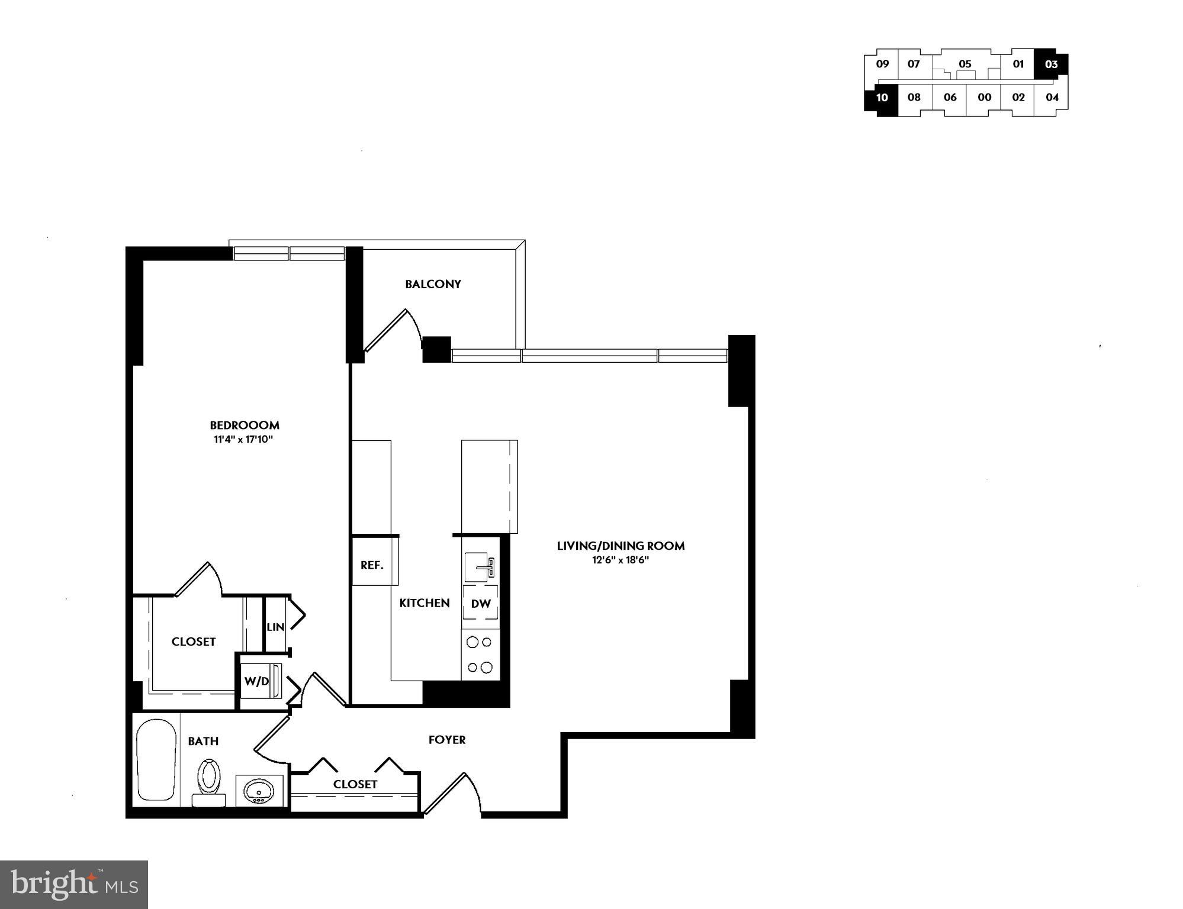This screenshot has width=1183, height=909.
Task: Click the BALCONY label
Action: (433, 284)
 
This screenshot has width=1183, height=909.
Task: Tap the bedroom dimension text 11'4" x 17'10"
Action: (244, 440)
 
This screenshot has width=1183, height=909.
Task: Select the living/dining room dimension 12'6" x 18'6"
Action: (620, 560)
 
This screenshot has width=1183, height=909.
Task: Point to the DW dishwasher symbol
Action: (480, 603)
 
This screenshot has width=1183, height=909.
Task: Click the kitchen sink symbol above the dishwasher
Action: (480, 567)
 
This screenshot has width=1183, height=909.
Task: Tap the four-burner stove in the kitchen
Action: (480, 655)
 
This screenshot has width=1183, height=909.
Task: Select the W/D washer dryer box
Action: (258, 681)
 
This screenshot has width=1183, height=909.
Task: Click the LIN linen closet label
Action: (275, 627)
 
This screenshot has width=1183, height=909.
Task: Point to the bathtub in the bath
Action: (156, 760)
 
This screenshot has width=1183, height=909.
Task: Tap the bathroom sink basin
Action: (259, 791)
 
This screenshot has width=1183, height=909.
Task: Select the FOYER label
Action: (447, 740)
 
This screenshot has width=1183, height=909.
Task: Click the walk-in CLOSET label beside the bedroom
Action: (194, 642)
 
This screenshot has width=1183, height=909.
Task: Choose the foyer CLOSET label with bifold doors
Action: (355, 784)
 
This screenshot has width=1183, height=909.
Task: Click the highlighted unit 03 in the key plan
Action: (1051, 64)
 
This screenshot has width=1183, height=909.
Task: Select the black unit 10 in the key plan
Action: (882, 98)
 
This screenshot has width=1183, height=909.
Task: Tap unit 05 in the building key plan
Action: (965, 64)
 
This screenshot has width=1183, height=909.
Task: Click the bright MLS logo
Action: (74, 884)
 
